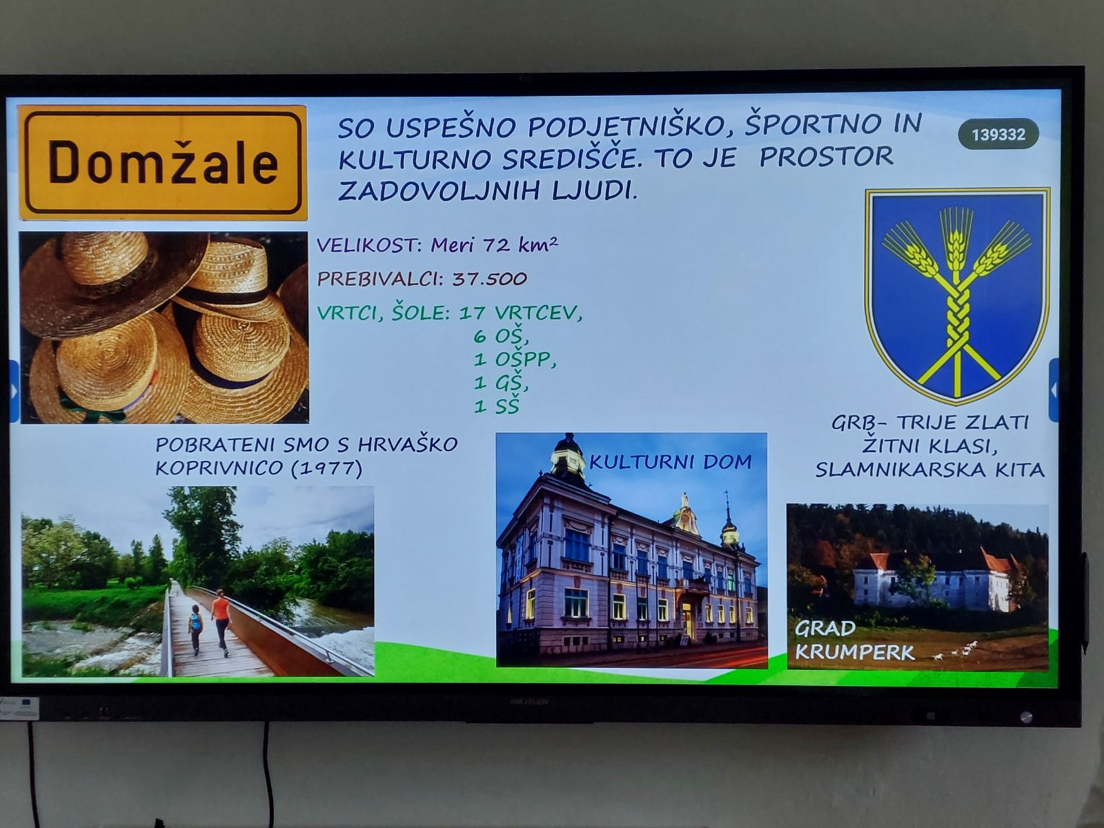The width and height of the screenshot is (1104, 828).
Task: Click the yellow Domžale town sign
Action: pos(163,162)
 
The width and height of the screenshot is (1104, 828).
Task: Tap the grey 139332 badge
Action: pos(998,135)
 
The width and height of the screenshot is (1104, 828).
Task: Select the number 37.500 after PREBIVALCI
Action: pos(489,279)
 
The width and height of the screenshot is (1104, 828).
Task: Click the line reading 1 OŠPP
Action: pos(515,360)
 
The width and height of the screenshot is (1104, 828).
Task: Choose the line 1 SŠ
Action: pos(496,406)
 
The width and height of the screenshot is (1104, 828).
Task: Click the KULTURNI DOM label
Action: pos(671,462)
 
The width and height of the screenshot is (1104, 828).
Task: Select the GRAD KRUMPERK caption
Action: pos(854,640)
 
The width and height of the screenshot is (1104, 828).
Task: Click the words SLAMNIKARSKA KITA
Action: pos(930,471)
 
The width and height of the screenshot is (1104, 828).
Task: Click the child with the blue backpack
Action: pos(196,630)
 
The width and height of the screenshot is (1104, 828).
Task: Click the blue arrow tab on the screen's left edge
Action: pos(14,391)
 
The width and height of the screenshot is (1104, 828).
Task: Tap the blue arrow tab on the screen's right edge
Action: pos(1054,389)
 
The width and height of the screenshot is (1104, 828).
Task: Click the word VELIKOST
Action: pos(370,246)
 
